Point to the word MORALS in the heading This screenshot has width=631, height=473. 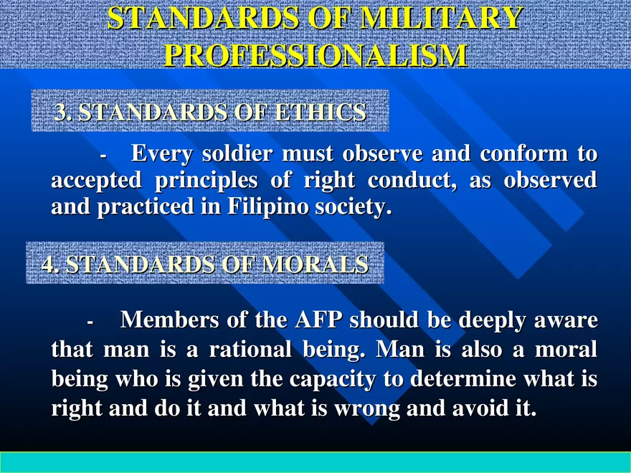(x=315, y=264)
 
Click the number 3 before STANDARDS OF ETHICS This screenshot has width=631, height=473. (x=61, y=113)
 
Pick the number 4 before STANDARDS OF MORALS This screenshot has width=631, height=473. (x=48, y=264)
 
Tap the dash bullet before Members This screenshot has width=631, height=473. (x=90, y=322)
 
